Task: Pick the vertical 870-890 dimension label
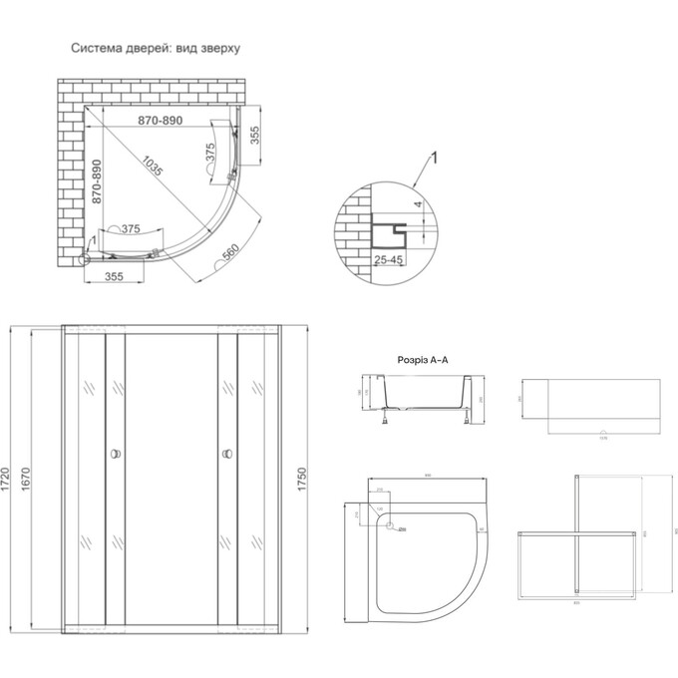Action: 97,181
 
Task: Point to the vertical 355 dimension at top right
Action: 254,137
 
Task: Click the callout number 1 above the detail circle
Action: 435,157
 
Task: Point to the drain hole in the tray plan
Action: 390,527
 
